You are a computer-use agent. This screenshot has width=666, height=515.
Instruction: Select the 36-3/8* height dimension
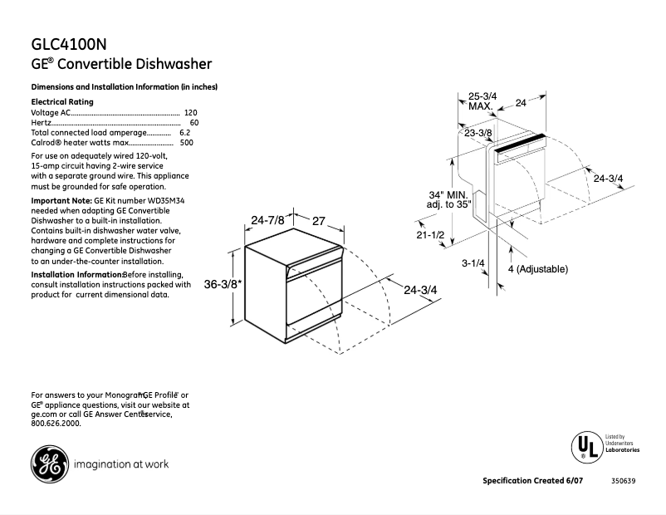(x=223, y=285)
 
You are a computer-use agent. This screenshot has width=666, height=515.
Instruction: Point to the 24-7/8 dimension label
(x=267, y=220)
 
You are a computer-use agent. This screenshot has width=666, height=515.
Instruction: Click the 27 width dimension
(x=318, y=220)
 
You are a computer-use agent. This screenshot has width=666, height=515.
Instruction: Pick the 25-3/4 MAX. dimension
(x=482, y=102)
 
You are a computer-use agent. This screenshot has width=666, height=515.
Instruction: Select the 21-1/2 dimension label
(x=431, y=236)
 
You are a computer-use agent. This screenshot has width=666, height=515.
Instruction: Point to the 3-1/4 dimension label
(x=473, y=262)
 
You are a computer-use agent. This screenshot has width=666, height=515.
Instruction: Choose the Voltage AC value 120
(x=191, y=112)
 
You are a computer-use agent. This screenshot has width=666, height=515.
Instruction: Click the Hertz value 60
(x=194, y=122)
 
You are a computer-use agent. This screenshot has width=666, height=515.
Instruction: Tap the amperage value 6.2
(x=184, y=132)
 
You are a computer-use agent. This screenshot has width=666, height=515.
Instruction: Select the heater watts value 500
(x=187, y=142)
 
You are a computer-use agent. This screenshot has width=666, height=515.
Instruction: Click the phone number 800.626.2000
(x=56, y=424)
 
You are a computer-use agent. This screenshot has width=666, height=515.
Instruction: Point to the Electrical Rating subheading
(x=62, y=101)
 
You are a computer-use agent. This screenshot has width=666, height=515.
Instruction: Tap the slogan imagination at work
(x=121, y=464)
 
